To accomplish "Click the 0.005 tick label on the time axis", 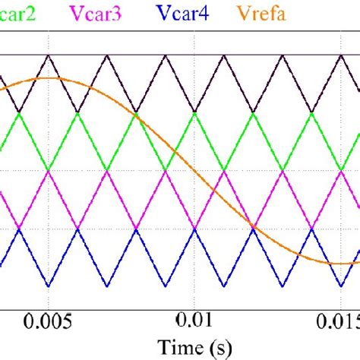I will click(49, 319).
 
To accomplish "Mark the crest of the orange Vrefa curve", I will click(49, 78).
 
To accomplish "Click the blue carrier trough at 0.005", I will click(49, 287).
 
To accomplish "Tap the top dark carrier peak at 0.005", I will click(49, 55).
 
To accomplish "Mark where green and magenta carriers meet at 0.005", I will click(49, 171).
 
